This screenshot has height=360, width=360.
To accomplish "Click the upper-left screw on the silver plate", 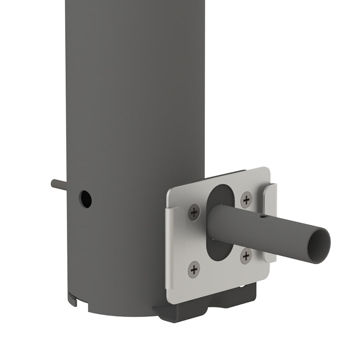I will point(194,212).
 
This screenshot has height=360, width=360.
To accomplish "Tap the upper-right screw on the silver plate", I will point(246,199).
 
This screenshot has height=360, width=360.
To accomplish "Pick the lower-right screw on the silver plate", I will point(246,256).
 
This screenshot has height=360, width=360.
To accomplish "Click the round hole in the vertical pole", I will point(85,198).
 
